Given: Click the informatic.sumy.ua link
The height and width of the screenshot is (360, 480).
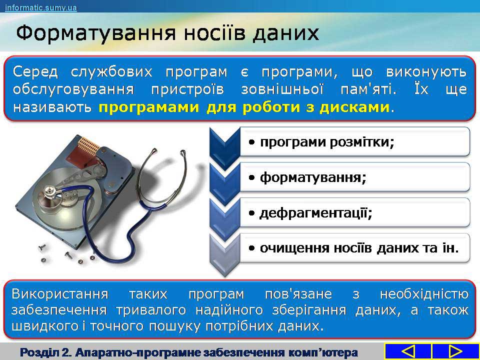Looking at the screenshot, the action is (x=40, y=7).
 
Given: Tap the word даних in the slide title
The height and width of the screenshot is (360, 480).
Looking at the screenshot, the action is (x=285, y=33).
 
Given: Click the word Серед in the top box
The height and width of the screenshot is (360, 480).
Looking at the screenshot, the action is (x=35, y=72).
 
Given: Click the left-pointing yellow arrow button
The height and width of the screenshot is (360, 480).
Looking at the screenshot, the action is (x=407, y=351).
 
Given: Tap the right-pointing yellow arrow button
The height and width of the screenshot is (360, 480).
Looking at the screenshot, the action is (x=455, y=351).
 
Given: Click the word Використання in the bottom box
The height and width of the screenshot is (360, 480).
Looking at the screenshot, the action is (x=60, y=294).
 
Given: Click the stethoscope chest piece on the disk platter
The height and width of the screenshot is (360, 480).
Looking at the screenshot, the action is (x=50, y=191).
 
